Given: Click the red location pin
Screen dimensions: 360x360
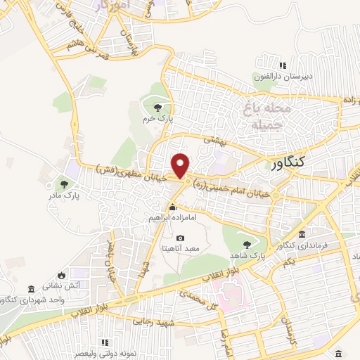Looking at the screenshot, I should (181, 165).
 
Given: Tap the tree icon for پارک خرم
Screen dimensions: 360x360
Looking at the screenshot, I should (157, 107).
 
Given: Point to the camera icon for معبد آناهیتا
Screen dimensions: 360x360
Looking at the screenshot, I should (181, 238).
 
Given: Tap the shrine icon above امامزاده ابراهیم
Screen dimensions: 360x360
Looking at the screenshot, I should (172, 207).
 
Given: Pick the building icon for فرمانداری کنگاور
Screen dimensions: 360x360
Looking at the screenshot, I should (302, 234).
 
